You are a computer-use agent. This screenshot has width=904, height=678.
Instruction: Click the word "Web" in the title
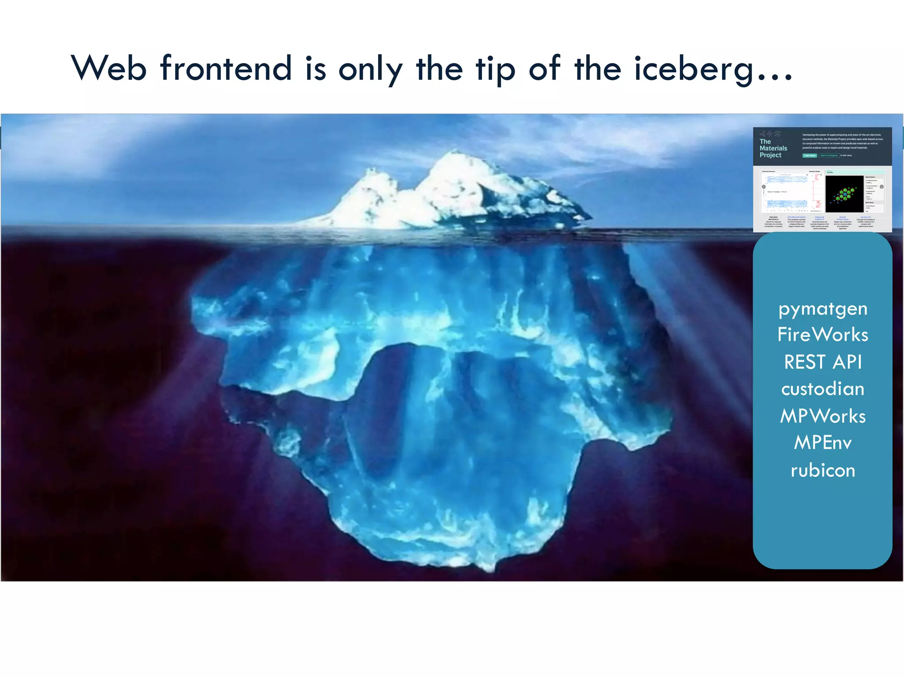point(109,68)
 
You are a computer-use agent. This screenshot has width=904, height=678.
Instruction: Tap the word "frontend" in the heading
point(226,68)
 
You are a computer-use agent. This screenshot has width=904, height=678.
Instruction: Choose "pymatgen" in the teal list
point(823,309)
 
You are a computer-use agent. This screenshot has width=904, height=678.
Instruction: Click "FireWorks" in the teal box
point(823,335)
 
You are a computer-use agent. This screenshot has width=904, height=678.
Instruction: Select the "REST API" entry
point(823,362)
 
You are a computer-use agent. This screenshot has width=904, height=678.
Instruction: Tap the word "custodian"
point(823,389)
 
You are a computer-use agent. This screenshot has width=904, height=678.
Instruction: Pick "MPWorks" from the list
point(823,416)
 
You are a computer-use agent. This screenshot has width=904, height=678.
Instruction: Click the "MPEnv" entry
point(823,443)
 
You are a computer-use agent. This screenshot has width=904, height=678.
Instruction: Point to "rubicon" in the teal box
point(823,471)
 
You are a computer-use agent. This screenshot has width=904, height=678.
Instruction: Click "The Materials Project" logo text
point(773,148)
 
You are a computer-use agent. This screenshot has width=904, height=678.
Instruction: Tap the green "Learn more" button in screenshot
point(809,155)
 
